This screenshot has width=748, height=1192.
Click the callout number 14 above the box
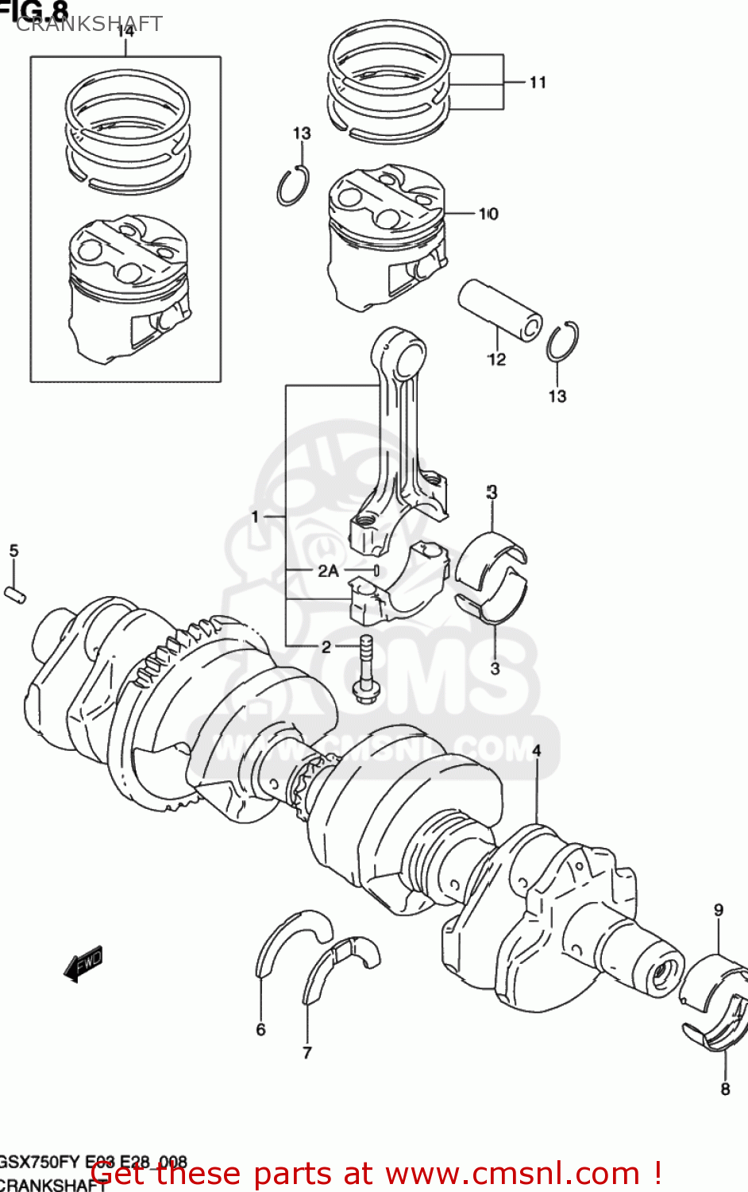125,32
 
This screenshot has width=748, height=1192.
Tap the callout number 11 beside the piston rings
538,83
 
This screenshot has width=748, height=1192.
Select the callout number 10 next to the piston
488,214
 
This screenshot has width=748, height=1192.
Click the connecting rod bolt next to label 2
366,671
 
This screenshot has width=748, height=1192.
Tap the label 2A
328,571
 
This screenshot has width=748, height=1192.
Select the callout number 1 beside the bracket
255,517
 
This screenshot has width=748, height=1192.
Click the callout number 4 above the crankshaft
537,751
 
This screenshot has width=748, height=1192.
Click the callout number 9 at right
718,911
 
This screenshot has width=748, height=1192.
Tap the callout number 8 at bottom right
724,1089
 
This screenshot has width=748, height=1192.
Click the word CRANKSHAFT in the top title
89,24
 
